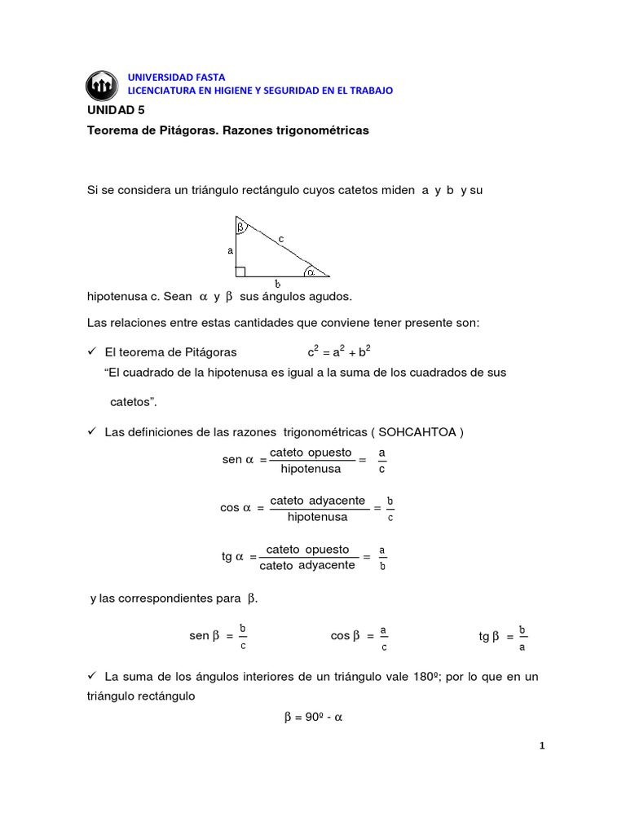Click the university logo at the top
pos(103,84)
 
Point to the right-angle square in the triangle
pos(240,271)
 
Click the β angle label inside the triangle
pos(241,227)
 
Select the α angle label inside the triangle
pos(311,271)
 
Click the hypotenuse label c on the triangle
pos(280,238)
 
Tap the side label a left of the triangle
pos(230,251)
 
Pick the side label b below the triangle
pos(277,284)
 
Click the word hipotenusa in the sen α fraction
pos(311,469)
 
